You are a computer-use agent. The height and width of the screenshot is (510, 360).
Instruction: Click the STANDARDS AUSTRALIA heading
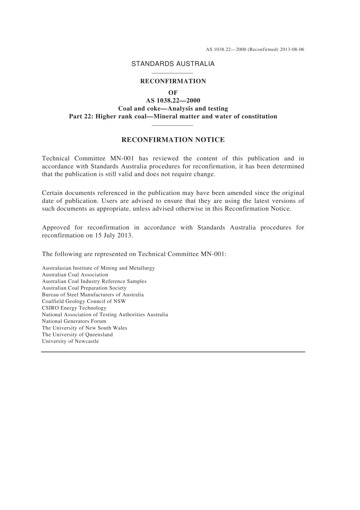(173, 64)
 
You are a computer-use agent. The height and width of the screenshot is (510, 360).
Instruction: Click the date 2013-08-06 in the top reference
(292, 50)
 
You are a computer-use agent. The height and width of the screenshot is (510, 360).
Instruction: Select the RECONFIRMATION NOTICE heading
(173, 140)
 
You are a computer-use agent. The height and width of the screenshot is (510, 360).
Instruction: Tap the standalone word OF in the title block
(173, 93)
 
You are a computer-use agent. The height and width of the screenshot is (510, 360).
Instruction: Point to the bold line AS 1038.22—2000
(173, 100)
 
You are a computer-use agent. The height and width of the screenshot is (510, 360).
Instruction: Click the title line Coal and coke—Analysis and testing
(173, 108)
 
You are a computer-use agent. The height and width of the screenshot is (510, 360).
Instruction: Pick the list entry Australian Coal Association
(75, 275)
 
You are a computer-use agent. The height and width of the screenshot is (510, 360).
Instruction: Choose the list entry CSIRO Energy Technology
(74, 308)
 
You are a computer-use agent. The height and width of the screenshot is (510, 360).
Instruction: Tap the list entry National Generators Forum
(74, 321)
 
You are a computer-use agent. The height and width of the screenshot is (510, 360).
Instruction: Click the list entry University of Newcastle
(70, 341)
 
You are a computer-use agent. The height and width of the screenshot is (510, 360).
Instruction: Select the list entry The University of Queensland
(77, 334)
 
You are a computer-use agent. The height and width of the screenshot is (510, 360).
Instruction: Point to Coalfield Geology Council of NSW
(84, 301)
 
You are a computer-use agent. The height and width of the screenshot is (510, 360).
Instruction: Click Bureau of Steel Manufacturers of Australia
(93, 295)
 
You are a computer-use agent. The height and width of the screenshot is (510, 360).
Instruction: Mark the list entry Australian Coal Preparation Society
(84, 288)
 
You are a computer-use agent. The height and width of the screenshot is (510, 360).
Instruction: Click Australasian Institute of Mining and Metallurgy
(99, 268)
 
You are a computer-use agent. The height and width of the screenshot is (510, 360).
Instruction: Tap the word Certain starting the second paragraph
(52, 193)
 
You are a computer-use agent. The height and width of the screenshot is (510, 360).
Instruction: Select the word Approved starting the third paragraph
(56, 228)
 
